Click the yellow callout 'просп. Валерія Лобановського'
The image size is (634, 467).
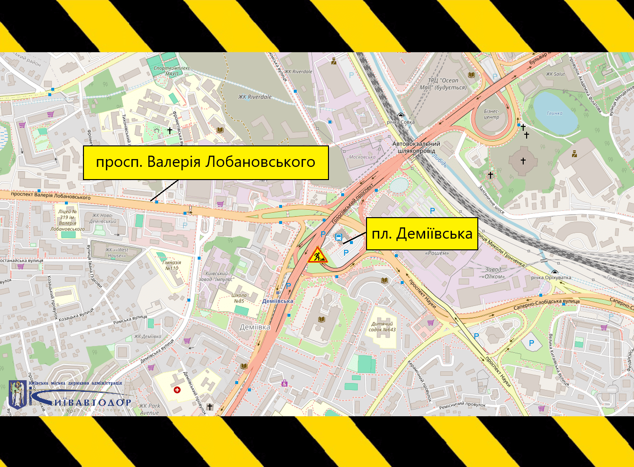[205, 162]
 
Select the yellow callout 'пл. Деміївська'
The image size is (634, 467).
[422, 234]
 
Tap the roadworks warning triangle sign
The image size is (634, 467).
[318, 255]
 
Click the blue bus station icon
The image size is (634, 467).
[339, 238]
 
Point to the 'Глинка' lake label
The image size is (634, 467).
[554, 113]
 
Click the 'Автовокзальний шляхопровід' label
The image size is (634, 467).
[416, 147]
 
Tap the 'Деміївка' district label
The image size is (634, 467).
[255, 327]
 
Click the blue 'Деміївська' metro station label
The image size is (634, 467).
[278, 301]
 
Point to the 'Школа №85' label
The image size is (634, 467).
[239, 298]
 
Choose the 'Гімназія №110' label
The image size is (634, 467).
[171, 265]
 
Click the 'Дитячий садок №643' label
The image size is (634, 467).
[383, 326]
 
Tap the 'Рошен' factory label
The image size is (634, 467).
[437, 253]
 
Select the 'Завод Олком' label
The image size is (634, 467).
[493, 273]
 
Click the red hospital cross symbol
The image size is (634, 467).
[177, 390]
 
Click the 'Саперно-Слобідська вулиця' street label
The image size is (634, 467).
[546, 305]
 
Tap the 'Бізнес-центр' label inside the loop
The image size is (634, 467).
[491, 114]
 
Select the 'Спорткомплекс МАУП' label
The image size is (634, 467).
[171, 71]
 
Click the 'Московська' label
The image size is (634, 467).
[362, 157]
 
